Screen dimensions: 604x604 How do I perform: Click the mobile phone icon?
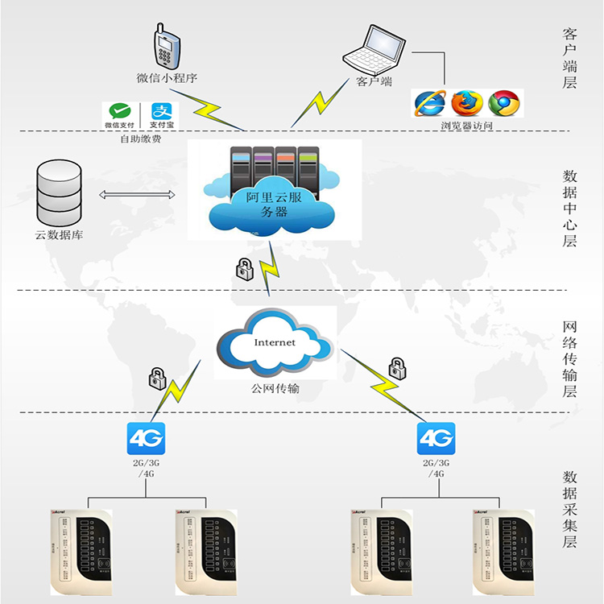point(166,47)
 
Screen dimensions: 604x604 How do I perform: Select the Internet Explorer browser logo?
point(428,103)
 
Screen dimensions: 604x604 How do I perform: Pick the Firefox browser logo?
point(466,103)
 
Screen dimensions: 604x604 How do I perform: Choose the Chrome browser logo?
point(504,103)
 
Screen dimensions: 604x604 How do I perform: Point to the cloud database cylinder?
point(59,193)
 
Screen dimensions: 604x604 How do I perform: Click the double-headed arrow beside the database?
point(137,194)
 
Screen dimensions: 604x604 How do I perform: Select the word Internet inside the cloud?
point(275,342)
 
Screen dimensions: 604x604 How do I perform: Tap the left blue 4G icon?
point(145,440)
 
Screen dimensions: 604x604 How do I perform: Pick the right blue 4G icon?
point(436,440)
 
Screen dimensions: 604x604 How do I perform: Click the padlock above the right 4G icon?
point(396,368)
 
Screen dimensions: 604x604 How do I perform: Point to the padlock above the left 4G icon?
point(156,376)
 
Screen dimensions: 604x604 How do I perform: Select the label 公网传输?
point(275,389)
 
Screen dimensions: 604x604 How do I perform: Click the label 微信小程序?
point(167,79)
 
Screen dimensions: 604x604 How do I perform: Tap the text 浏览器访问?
point(466,126)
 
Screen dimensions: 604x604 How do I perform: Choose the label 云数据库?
point(59,235)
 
